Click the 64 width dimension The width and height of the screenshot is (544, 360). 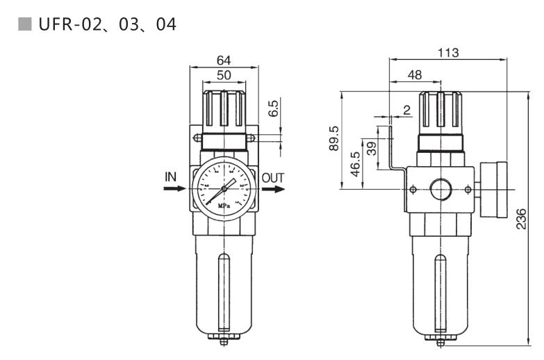[x=224, y=60]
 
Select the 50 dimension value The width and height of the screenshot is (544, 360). [x=224, y=75]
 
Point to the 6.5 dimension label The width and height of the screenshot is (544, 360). [x=273, y=107]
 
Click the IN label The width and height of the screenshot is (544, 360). [x=170, y=177]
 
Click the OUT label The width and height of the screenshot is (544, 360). [x=273, y=177]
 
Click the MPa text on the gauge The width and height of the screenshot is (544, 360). [x=224, y=206]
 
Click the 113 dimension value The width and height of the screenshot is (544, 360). [x=448, y=53]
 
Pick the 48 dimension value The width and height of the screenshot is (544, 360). [x=415, y=74]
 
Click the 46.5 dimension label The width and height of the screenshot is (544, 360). [x=356, y=165]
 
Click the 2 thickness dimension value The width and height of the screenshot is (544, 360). [x=406, y=110]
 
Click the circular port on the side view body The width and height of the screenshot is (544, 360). [x=440, y=189]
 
